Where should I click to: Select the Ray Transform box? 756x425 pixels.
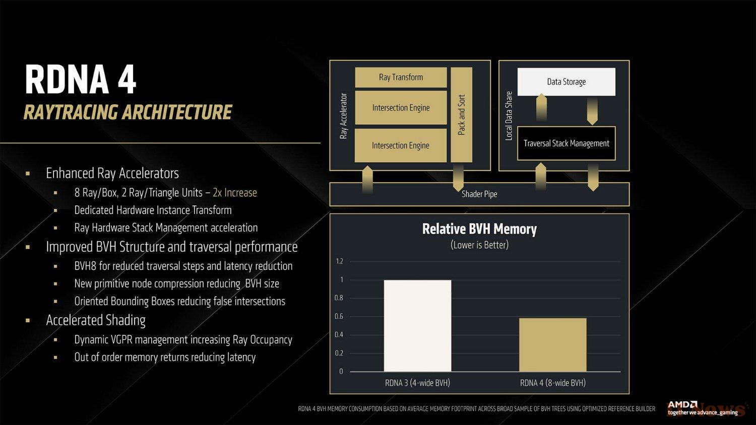pos(401,77)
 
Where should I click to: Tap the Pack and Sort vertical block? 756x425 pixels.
pos(461,115)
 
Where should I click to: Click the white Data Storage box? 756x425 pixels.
pos(566,82)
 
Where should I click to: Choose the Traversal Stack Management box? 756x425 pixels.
pos(566,144)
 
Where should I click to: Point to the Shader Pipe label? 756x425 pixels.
pos(479,194)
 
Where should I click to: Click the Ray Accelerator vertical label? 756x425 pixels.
pos(343,116)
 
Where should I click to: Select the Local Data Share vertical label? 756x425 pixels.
pos(509,116)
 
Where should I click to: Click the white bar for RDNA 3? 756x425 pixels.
pos(417,326)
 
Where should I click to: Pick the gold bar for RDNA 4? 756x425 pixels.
pos(553,345)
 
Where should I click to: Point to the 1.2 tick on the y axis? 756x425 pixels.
pos(339,261)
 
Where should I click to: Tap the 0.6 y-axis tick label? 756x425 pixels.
pos(339,316)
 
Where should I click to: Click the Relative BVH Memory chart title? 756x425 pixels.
pos(479,229)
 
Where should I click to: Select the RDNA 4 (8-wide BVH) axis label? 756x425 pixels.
pos(553,383)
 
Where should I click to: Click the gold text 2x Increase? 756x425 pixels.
pos(235,192)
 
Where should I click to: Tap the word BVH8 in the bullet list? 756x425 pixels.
pos(85,266)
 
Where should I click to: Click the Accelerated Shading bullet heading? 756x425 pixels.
pos(96,320)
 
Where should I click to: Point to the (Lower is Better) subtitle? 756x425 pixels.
pos(479,245)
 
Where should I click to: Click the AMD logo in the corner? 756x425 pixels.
pos(682,404)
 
